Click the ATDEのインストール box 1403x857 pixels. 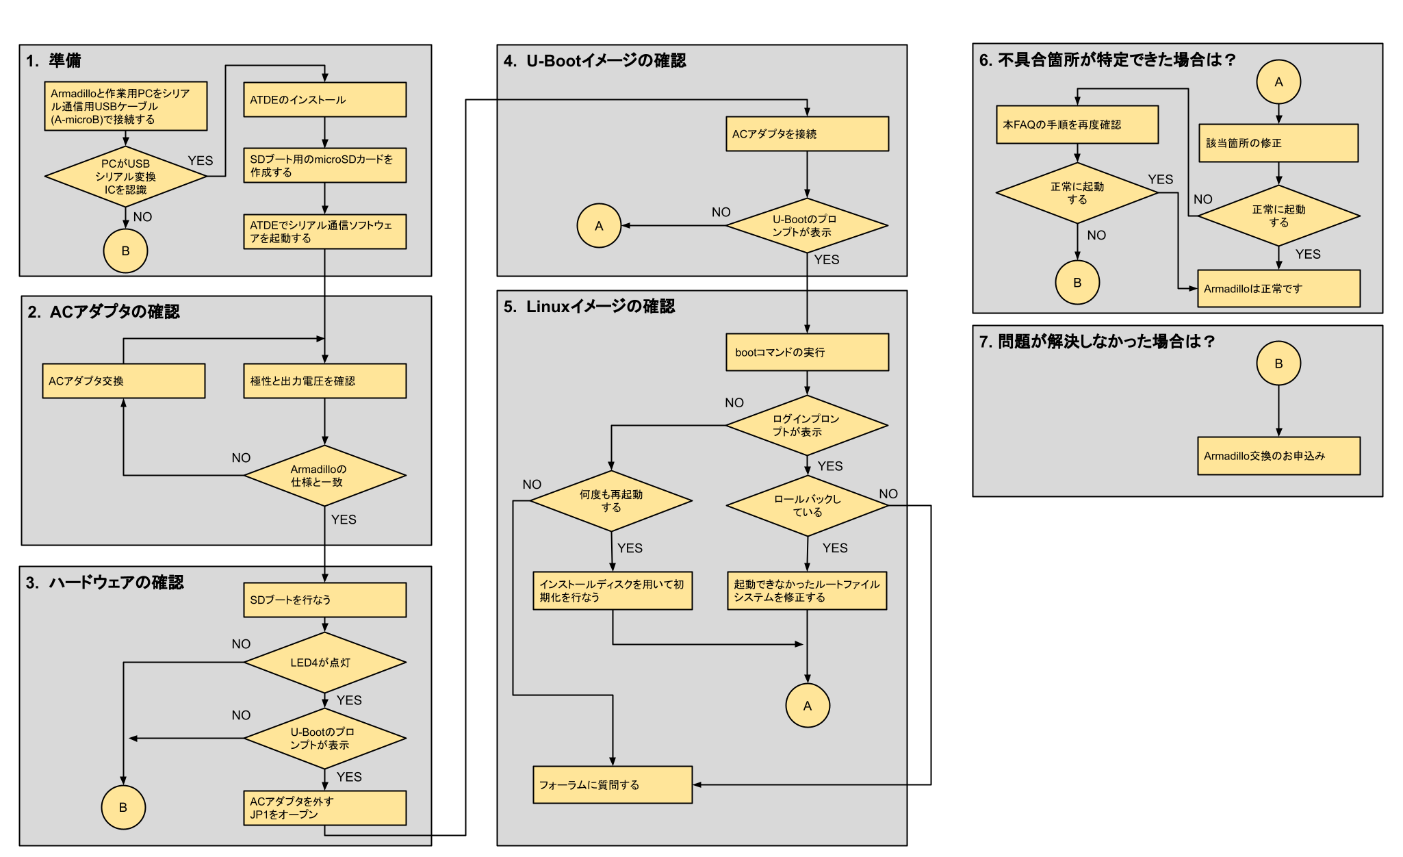click(324, 100)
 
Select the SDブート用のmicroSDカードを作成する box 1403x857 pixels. click(324, 166)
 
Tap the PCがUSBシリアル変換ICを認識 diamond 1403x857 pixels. click(126, 177)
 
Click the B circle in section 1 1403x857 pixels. click(125, 251)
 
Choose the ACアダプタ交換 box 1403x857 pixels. click(123, 381)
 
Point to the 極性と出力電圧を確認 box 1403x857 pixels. click(324, 381)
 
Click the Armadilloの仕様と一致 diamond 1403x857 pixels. click(324, 476)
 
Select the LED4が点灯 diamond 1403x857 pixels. click(324, 663)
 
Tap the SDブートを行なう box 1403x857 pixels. click(324, 600)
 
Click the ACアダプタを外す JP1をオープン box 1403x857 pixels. click(324, 808)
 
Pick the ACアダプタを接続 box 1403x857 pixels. click(807, 134)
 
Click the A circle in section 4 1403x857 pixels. click(599, 226)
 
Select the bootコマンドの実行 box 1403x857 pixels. click(807, 353)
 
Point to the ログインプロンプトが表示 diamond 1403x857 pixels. click(807, 426)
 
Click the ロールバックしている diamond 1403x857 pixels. click(807, 506)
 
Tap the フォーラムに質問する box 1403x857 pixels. click(613, 785)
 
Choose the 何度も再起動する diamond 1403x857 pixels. click(611, 501)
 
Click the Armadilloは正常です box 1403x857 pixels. click(1278, 289)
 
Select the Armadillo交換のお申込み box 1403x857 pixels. click(1278, 456)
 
